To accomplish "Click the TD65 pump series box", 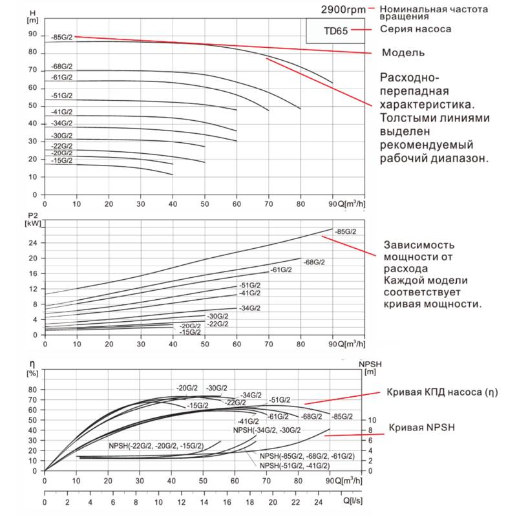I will point(337,30).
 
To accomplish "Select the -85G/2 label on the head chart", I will point(61,37).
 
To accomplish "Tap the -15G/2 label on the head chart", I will point(61,161).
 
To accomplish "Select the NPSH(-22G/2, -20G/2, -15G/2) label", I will point(157,446).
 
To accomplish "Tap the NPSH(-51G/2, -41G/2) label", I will point(294,465).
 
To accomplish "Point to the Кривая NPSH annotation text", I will point(421,428).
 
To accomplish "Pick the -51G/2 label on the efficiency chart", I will point(280,400).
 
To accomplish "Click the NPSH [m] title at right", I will point(370,367).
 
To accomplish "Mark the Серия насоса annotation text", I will point(416,30).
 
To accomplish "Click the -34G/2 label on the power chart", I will point(249,308).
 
